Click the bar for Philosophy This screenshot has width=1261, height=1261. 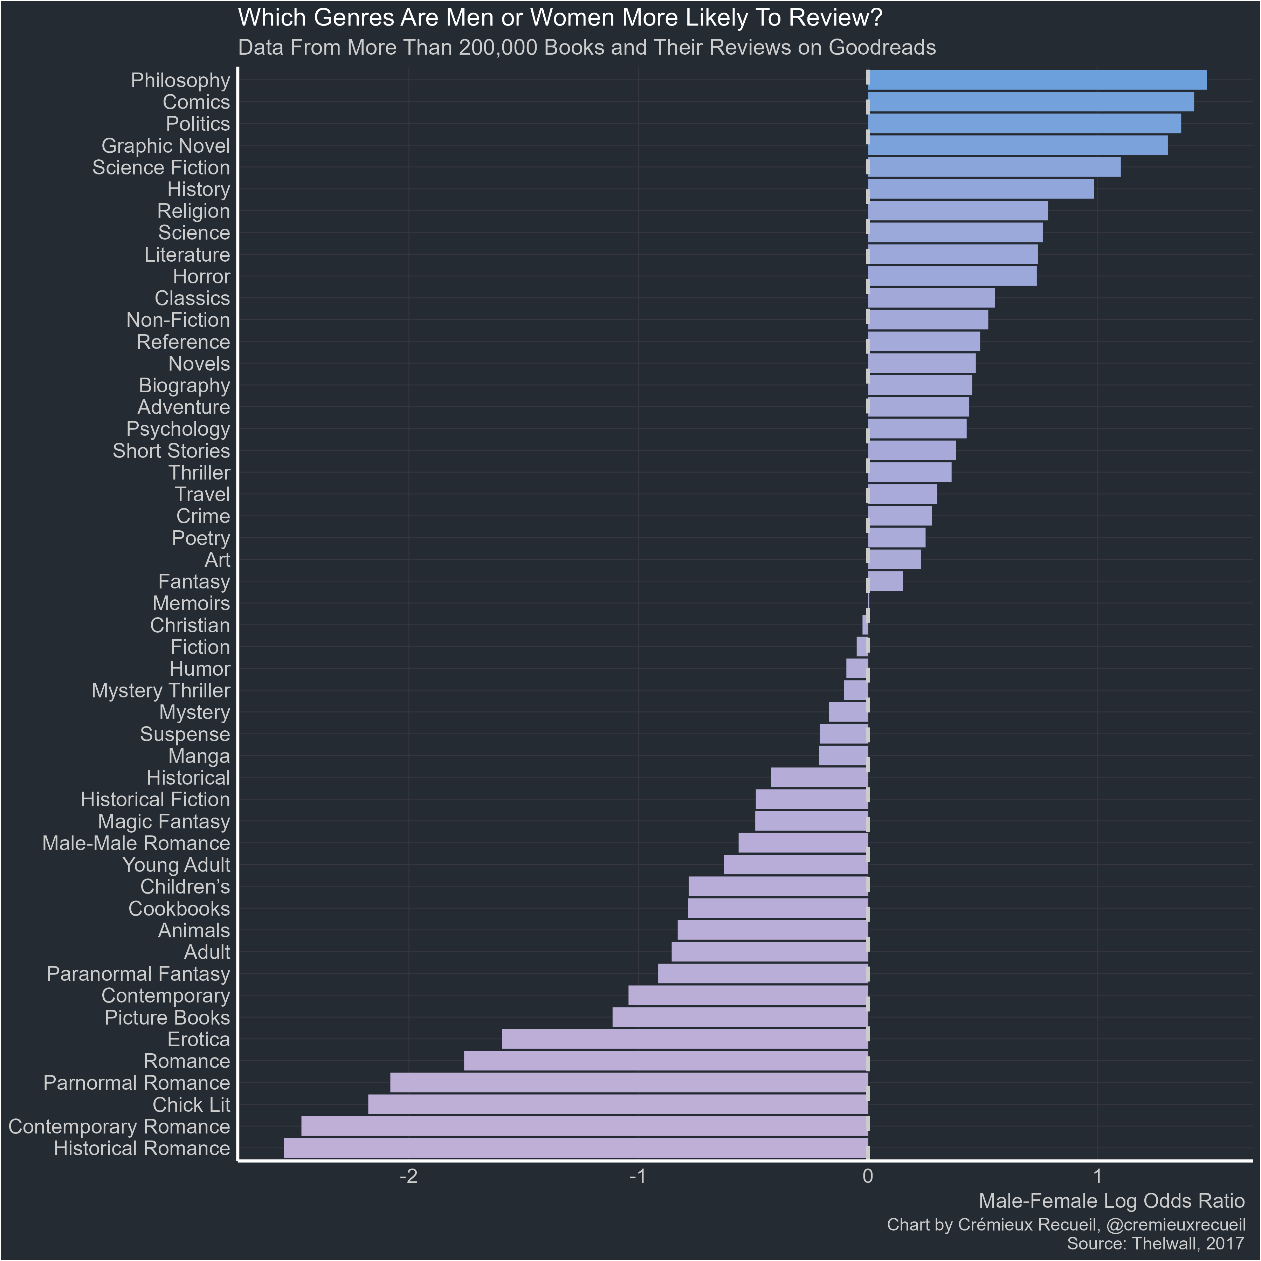1036,80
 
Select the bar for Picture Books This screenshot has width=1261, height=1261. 740,1018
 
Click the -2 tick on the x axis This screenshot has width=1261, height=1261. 408,1177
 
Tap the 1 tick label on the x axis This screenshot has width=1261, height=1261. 1097,1177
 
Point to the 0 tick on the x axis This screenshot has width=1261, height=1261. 867,1177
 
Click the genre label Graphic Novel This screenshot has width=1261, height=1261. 166,146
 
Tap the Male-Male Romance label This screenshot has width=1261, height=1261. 136,843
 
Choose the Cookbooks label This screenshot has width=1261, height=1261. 179,909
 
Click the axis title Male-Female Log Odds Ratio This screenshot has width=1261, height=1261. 1111,1201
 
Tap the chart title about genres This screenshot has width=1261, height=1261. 560,18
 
